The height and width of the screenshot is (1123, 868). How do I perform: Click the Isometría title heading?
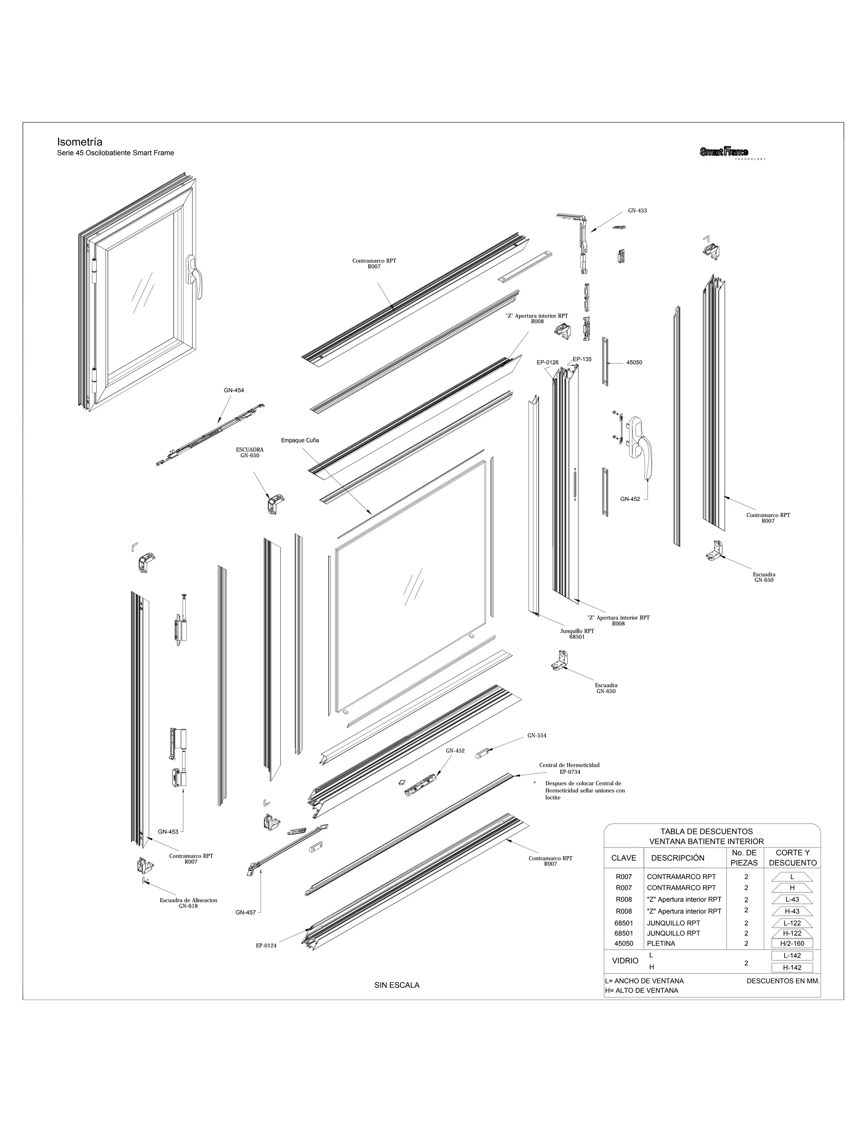point(80,142)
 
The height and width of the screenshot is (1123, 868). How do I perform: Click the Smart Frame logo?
point(724,152)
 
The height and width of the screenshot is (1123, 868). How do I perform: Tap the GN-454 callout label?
point(234,390)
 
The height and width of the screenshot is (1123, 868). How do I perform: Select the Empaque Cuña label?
point(300,440)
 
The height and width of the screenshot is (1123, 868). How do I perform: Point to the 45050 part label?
point(634,362)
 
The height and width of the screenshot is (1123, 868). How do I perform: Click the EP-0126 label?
point(547,362)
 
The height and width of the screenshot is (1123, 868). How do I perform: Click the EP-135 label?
point(582,359)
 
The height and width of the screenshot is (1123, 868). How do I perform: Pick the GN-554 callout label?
point(537,735)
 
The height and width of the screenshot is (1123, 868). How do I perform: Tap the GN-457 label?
point(245,913)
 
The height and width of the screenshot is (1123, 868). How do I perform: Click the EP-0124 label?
point(266,945)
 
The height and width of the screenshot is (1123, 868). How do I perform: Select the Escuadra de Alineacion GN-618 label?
point(188,903)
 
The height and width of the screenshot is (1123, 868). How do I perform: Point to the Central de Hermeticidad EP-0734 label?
point(569,768)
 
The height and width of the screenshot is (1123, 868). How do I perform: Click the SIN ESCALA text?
point(396,985)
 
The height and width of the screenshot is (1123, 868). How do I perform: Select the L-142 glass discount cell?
point(792,955)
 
